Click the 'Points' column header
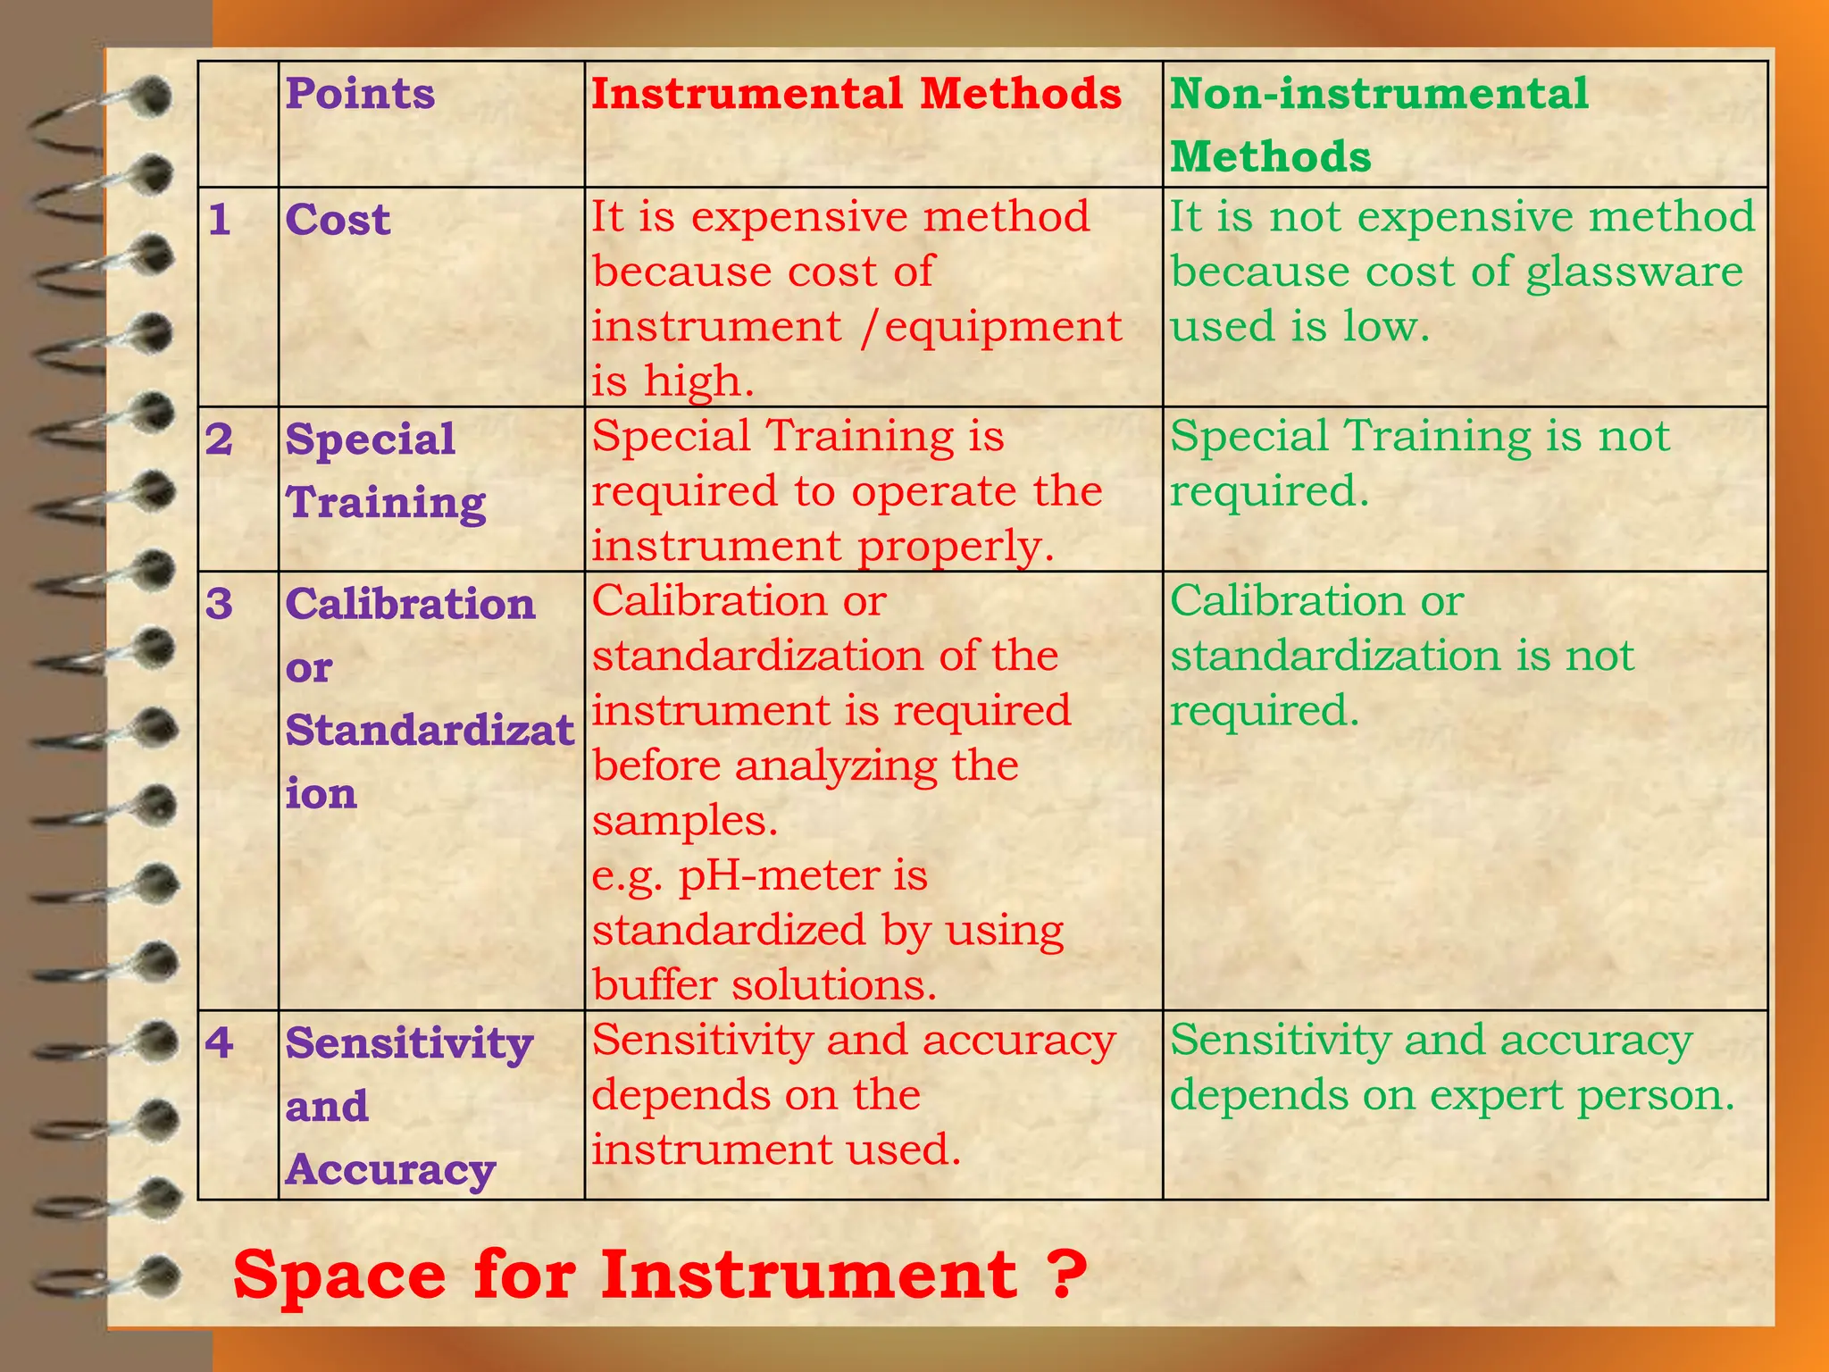(x=360, y=94)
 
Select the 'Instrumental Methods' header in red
(x=856, y=94)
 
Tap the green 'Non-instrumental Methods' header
(x=1379, y=124)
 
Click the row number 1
(x=220, y=220)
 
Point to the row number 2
(x=220, y=439)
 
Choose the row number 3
(x=220, y=605)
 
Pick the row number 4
(x=220, y=1042)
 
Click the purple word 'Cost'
(x=338, y=220)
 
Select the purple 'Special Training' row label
(x=385, y=471)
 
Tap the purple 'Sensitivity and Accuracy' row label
(x=408, y=1106)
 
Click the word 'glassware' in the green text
(x=1633, y=272)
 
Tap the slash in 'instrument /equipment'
(x=871, y=327)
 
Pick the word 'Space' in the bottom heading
(x=338, y=1276)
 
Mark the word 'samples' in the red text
(x=684, y=821)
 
